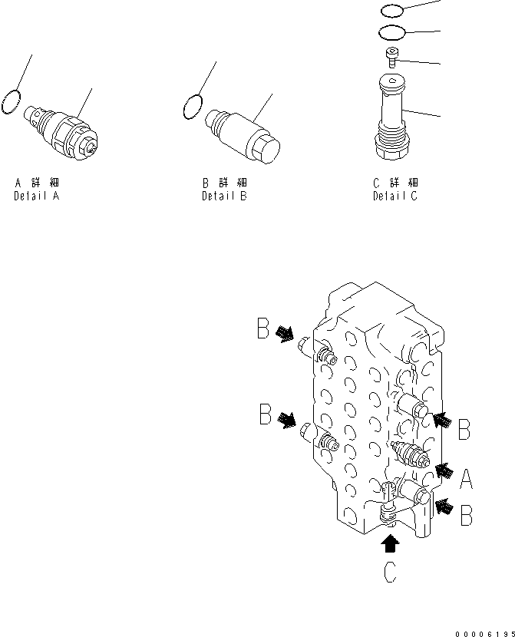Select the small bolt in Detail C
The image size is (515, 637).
pos(393,56)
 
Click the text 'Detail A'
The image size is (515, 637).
pos(36,196)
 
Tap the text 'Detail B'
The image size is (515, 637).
pos(224,196)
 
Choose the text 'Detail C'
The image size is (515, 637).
pos(395,196)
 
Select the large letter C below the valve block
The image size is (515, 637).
pos(390,573)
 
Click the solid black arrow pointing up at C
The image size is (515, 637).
pos(391,544)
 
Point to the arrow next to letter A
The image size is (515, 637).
pos(444,469)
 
